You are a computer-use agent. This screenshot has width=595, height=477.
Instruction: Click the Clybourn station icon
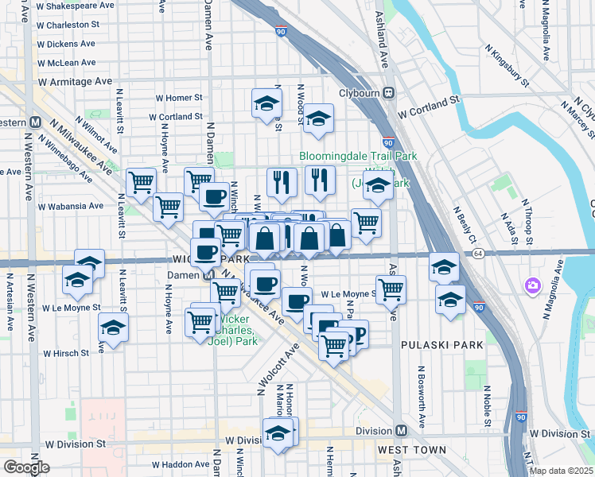389,91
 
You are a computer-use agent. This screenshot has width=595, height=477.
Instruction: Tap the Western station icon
35,122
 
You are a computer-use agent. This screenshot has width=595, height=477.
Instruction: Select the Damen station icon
207,274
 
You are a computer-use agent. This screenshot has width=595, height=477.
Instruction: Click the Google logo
26,467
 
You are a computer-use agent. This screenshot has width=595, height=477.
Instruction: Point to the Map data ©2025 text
562,471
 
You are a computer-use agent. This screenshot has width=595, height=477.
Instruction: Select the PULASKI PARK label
431,346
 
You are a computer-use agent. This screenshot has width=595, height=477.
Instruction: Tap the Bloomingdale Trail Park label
358,157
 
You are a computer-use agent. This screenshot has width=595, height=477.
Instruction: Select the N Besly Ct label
465,226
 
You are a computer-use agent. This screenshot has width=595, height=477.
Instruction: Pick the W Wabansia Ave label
74,206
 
